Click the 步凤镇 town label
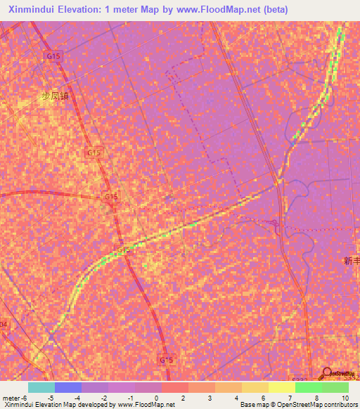pyautogui.click(x=56, y=96)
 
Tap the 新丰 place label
pyautogui.click(x=352, y=261)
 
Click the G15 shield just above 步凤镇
pyautogui.click(x=53, y=56)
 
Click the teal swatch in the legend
pyautogui.click(x=41, y=387)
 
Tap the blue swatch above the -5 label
pyautogui.click(x=68, y=387)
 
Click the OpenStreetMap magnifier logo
pyautogui.click(x=326, y=372)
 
